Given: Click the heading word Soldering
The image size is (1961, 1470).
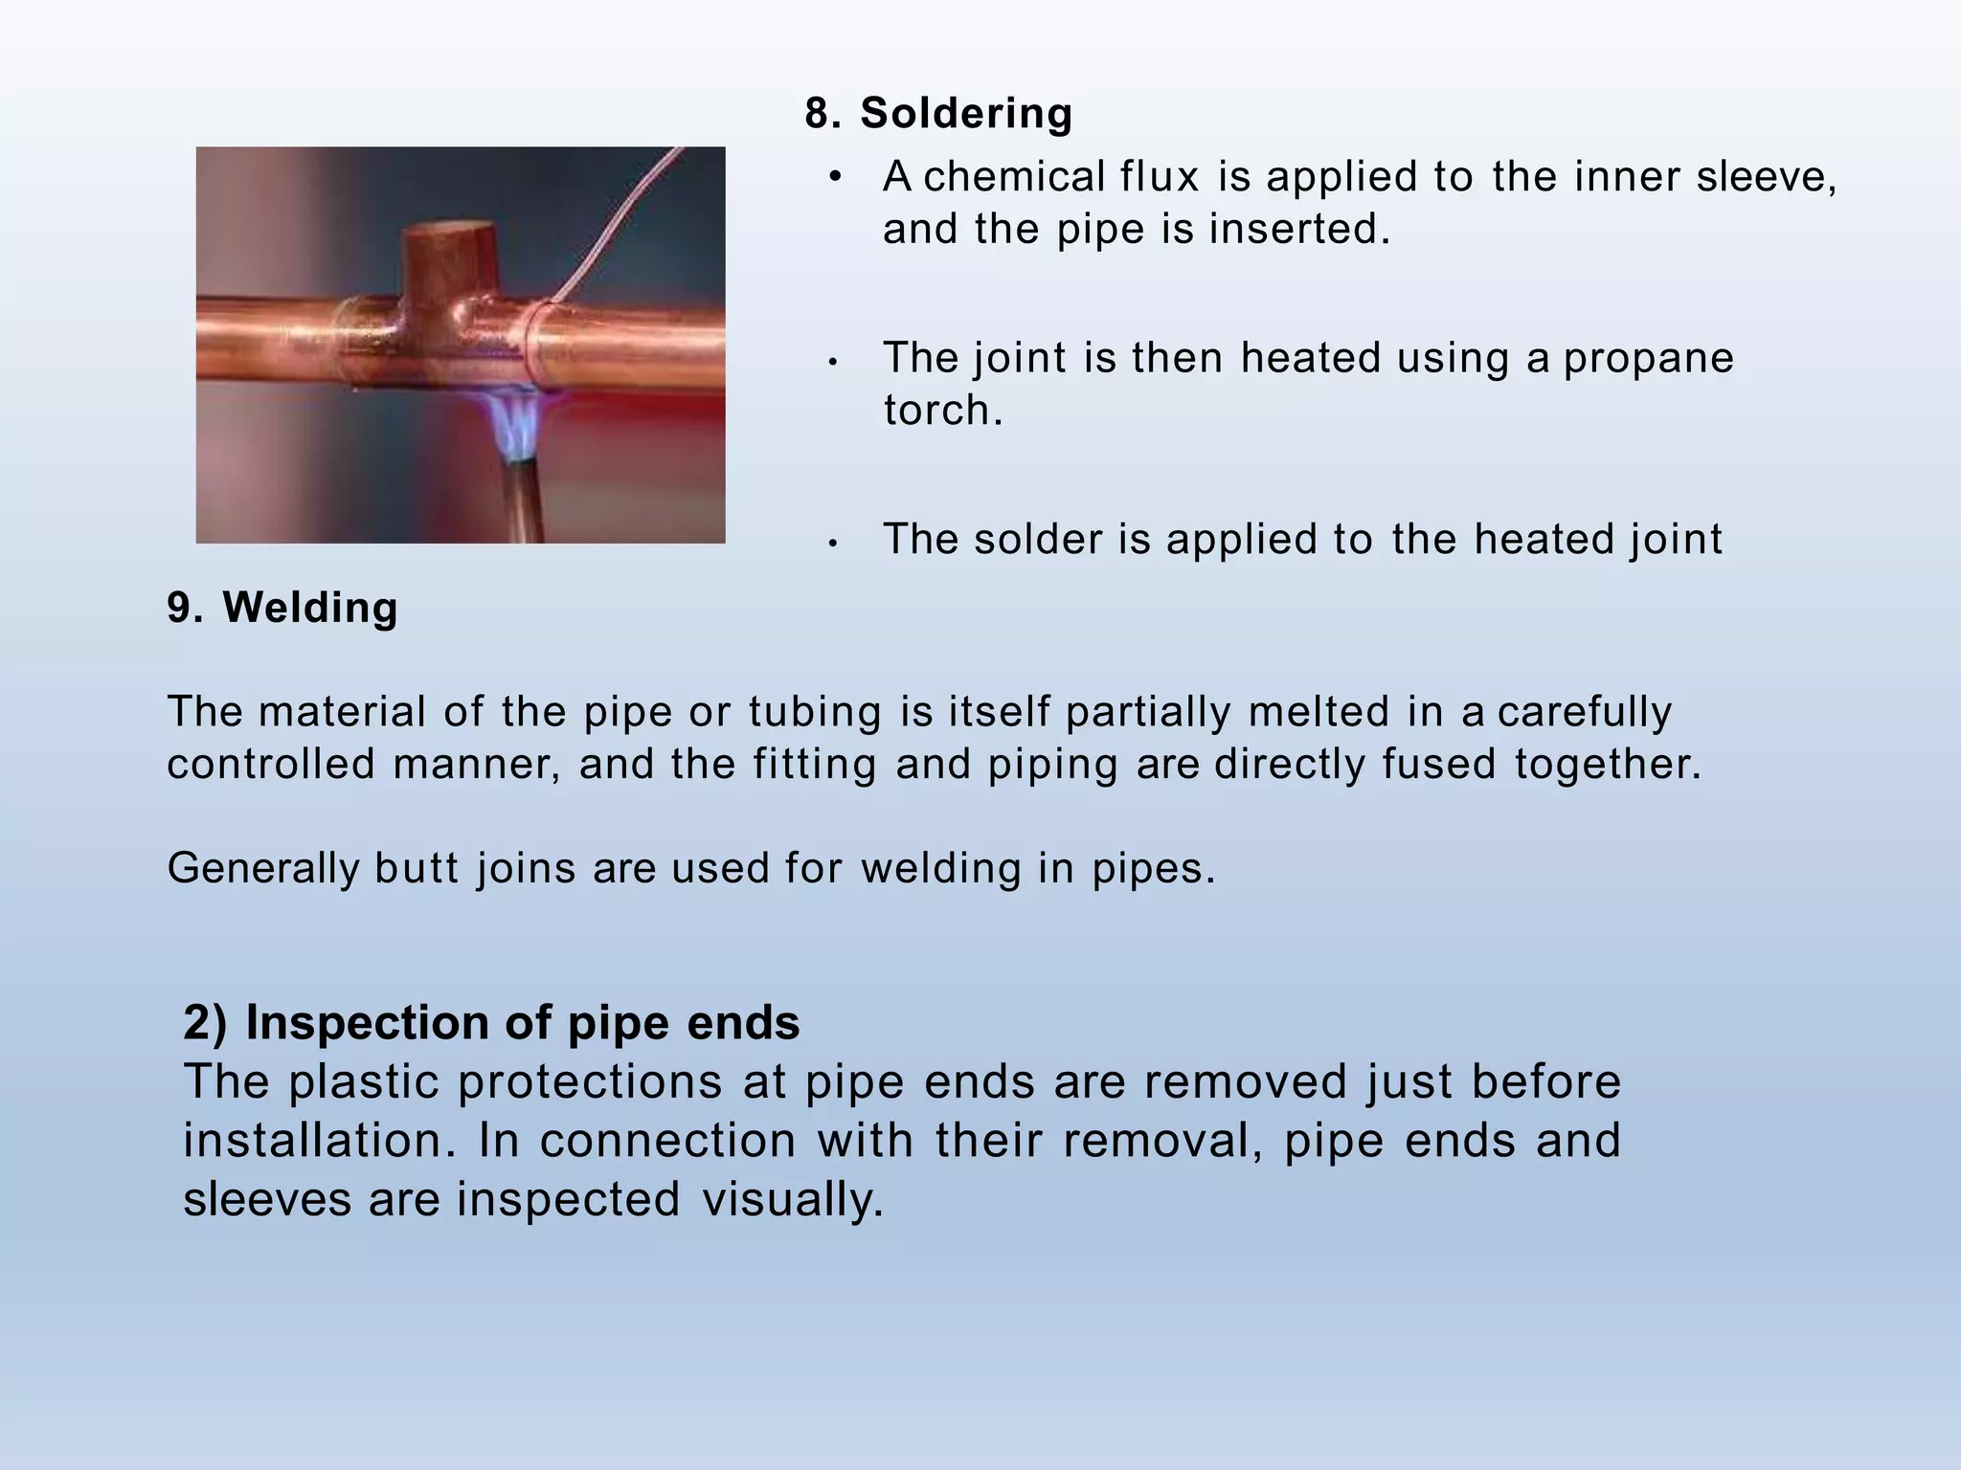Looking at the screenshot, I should click(965, 113).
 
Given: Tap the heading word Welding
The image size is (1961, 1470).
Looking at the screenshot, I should click(309, 608).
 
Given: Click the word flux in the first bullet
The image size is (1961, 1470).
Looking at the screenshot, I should click(1160, 177).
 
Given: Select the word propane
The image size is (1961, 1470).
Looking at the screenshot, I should click(1648, 359).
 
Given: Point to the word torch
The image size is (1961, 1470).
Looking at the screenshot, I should click(942, 411).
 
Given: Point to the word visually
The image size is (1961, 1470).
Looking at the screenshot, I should click(792, 1200).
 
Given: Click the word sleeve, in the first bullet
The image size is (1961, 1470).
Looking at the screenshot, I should click(1766, 177).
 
